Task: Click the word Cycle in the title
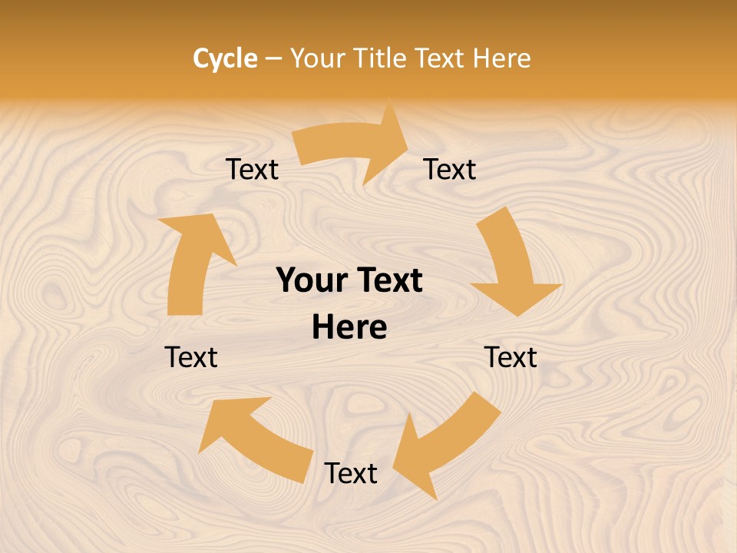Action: point(225,58)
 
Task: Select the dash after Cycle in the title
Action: point(273,59)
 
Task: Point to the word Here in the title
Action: point(501,58)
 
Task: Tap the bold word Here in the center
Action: point(349,328)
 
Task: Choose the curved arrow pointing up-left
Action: point(257,438)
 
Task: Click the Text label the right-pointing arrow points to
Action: point(450,169)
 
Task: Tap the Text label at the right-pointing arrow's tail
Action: point(252,169)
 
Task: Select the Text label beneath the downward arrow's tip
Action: point(511,357)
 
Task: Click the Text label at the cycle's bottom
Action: point(350,474)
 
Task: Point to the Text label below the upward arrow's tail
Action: point(191,357)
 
